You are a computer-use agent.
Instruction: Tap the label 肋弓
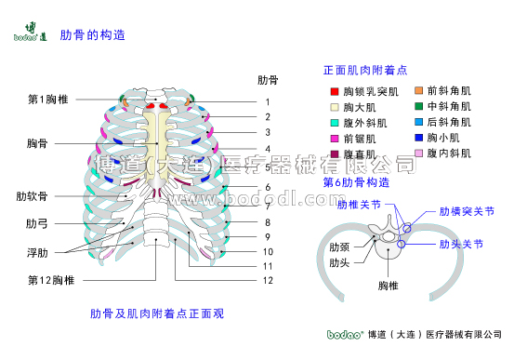coord(38,224)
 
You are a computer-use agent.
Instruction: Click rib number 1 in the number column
coord(268,101)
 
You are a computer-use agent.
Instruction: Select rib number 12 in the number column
coord(268,280)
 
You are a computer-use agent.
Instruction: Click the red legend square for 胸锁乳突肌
coord(335,92)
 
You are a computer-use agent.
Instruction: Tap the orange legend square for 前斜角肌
coord(418,91)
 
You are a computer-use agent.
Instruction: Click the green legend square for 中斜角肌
coord(418,106)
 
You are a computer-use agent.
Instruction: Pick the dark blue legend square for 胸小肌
coord(418,137)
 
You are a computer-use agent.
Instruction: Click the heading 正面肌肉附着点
coord(371,70)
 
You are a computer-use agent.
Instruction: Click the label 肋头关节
coord(461,244)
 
